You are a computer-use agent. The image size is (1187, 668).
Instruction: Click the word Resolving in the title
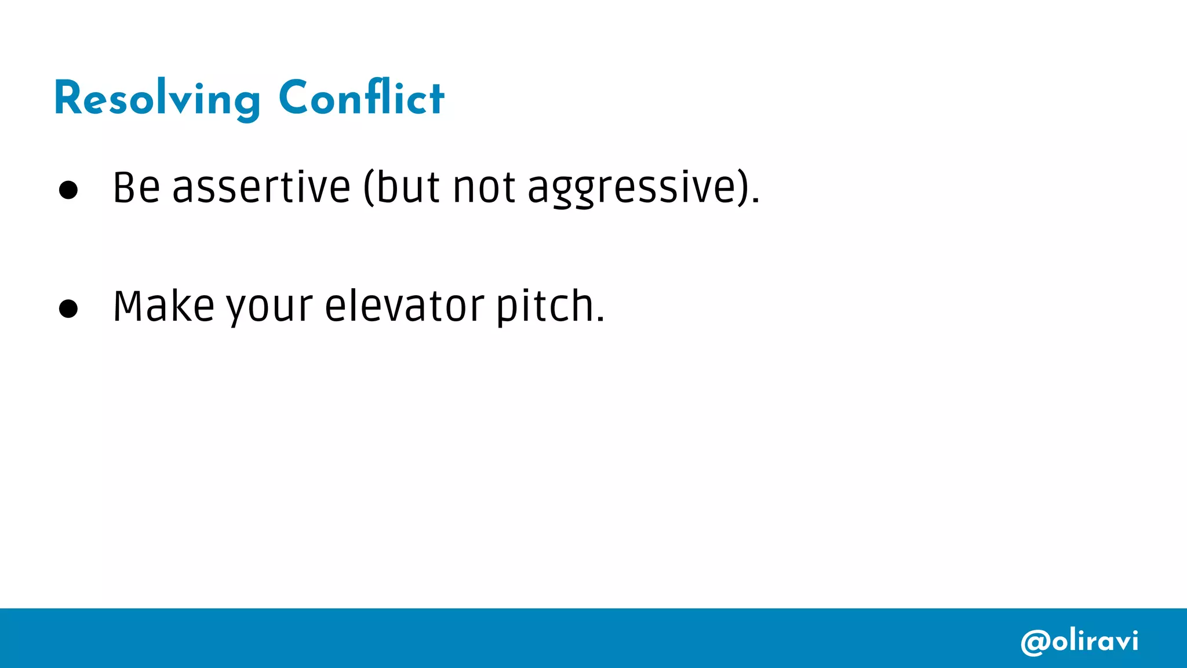(x=157, y=99)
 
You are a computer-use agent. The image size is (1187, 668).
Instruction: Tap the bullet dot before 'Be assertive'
(x=68, y=190)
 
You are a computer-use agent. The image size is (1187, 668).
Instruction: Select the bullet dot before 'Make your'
(x=68, y=308)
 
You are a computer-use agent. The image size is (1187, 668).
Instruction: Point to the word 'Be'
(x=136, y=188)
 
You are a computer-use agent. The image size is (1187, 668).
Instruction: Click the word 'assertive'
(x=261, y=188)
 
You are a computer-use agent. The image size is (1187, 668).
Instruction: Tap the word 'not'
(x=484, y=188)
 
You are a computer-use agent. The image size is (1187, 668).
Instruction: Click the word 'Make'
(x=163, y=306)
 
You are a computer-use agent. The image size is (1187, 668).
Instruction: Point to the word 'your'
(x=270, y=307)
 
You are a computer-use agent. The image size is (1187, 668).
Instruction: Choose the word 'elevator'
(x=404, y=306)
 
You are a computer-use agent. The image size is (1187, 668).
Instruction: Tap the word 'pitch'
(x=544, y=306)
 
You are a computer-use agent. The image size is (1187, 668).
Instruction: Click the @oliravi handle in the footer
(x=1079, y=641)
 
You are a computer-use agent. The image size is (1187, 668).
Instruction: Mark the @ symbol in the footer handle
(x=1035, y=642)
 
